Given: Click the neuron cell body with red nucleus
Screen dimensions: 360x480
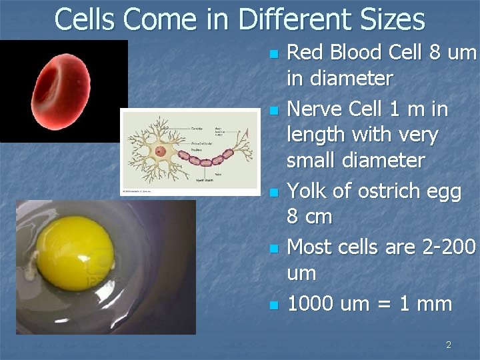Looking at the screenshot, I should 161,151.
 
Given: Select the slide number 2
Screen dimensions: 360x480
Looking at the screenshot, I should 448,345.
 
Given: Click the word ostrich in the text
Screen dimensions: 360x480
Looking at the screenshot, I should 391,191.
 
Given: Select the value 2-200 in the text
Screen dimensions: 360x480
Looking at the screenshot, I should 449,247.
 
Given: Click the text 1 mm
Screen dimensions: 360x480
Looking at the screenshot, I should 427,304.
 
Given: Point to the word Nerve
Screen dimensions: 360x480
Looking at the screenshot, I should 313,108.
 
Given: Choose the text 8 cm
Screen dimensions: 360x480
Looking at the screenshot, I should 309,217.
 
